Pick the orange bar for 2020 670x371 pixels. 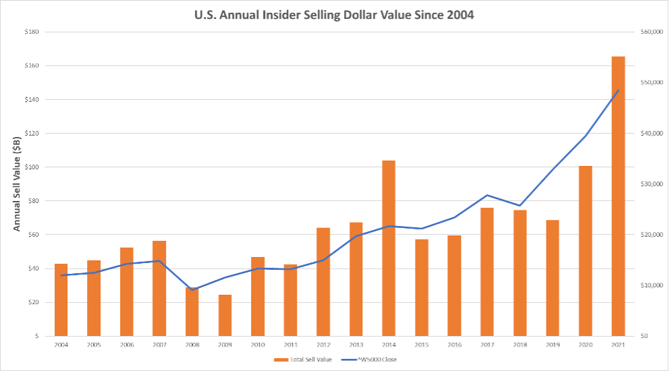pyautogui.click(x=585, y=250)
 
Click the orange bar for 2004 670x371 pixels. pyautogui.click(x=61, y=299)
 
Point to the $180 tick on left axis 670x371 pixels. pyautogui.click(x=31, y=32)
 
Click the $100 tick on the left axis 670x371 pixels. pyautogui.click(x=31, y=167)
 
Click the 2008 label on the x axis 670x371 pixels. pyautogui.click(x=192, y=345)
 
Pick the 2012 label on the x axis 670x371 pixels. pyautogui.click(x=323, y=345)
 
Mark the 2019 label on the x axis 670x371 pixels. pyautogui.click(x=552, y=345)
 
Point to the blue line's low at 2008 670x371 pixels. pyautogui.click(x=192, y=290)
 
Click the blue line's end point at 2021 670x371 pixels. pyautogui.click(x=618, y=90)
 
